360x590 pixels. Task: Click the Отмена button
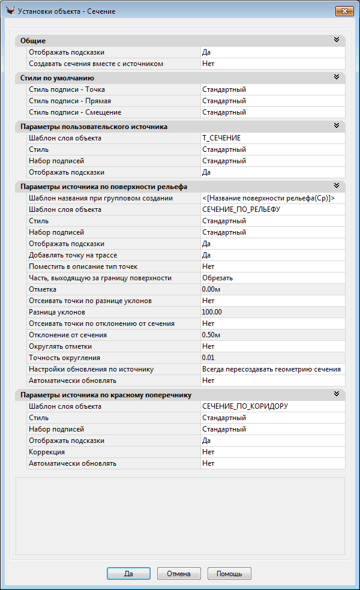pos(179,573)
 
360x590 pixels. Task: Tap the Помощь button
pos(229,573)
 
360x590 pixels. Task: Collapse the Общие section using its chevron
pos(337,40)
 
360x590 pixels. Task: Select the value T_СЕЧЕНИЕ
pos(221,138)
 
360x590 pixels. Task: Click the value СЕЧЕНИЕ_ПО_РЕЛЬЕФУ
pos(241,209)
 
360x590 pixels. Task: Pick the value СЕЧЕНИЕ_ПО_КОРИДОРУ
pos(245,406)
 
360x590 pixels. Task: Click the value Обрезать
pos(217,278)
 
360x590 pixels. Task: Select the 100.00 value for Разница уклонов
pos(212,312)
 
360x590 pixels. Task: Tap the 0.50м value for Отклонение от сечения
pos(211,335)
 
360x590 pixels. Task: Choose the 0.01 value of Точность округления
pos(208,358)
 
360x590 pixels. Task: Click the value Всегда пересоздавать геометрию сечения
pos(271,369)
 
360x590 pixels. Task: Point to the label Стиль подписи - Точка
pos(67,89)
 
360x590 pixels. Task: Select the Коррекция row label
pos(47,452)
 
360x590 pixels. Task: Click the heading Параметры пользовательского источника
pos(94,127)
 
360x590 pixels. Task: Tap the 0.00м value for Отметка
pos(211,289)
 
